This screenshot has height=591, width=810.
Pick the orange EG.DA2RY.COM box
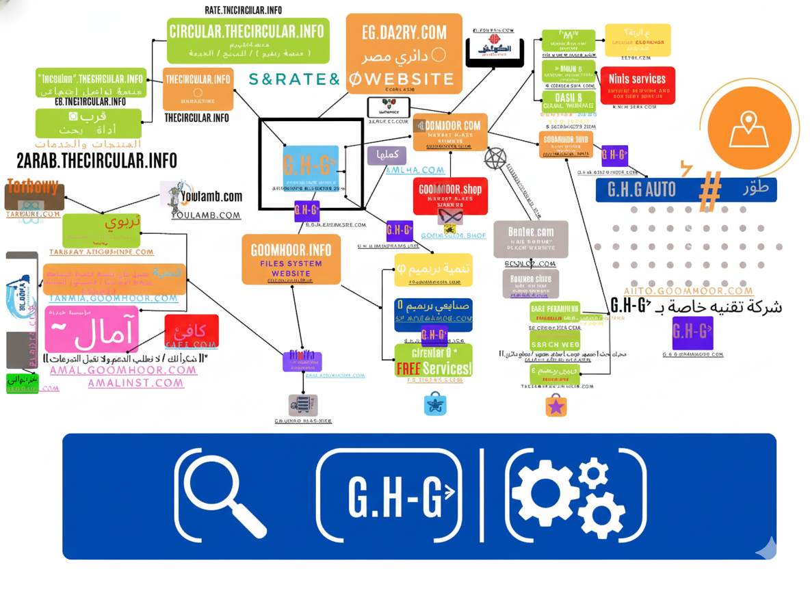click(404, 53)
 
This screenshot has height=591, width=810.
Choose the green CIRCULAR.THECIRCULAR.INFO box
click(248, 40)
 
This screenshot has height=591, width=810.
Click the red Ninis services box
click(637, 86)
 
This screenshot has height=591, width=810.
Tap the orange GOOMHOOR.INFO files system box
click(291, 259)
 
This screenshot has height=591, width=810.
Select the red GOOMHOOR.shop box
click(450, 196)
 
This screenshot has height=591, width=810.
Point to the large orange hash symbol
click(709, 189)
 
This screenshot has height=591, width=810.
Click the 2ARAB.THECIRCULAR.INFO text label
click(96, 161)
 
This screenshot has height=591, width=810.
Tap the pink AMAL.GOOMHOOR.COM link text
click(123, 370)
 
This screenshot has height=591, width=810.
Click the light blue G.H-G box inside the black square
click(311, 168)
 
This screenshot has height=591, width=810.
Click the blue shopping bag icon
click(435, 404)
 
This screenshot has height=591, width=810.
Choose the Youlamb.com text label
click(211, 196)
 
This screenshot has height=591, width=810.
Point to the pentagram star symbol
click(495, 159)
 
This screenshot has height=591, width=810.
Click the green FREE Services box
click(433, 360)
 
